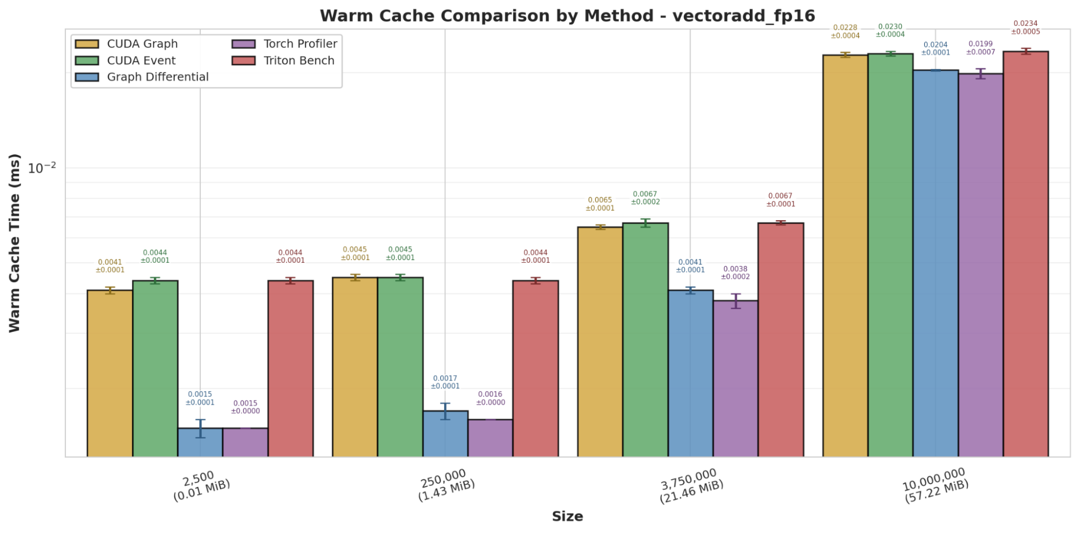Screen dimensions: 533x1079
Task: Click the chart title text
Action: click(567, 16)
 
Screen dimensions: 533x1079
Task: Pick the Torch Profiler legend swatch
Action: click(243, 44)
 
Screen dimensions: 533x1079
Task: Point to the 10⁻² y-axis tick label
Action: click(42, 168)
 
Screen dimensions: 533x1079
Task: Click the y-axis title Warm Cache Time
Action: click(15, 243)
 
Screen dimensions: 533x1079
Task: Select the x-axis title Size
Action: click(567, 516)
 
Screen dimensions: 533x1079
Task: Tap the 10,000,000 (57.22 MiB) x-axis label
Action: click(935, 486)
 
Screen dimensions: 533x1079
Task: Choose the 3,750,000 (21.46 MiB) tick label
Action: click(690, 486)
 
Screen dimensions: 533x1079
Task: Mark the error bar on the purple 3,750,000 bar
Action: click(735, 301)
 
